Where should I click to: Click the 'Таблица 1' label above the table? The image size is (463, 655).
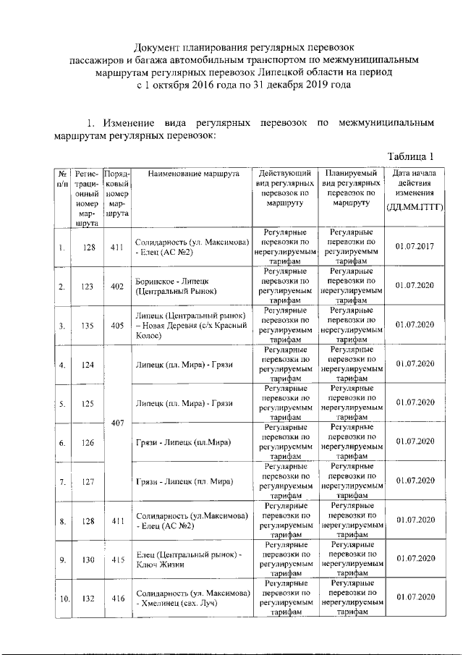pos(410,156)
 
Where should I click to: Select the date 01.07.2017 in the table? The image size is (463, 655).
pos(415,247)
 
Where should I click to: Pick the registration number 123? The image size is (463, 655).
pos(88,286)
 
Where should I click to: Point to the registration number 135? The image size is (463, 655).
pos(88,325)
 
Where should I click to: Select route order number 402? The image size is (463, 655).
pos(116,286)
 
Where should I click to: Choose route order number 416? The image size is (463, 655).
pos(116,599)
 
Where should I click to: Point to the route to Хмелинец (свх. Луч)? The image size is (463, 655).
pos(192,599)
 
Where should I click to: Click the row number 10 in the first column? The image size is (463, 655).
pos(64,599)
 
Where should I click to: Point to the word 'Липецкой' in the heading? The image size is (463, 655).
pos(322,72)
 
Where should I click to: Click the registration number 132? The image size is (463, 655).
pos(88,599)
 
